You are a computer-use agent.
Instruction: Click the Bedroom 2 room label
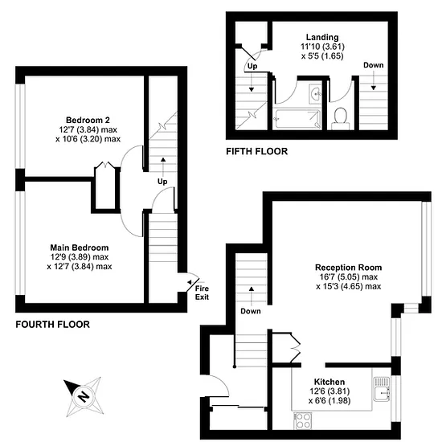click(88, 120)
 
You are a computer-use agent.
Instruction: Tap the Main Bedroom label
click(80, 248)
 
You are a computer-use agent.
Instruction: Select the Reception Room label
click(349, 268)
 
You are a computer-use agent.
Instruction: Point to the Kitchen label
click(329, 382)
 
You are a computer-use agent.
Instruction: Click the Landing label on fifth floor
click(322, 37)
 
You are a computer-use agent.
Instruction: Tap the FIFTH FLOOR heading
click(257, 151)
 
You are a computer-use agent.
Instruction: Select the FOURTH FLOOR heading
click(53, 325)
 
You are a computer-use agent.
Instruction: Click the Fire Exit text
click(202, 293)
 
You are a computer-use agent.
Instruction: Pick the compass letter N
click(83, 397)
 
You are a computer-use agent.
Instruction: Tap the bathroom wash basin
click(316, 93)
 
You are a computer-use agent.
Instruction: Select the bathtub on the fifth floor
click(297, 119)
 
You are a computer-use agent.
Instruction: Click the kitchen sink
click(382, 389)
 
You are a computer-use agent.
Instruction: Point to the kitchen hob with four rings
click(303, 420)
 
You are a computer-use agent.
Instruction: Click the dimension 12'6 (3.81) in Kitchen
click(329, 391)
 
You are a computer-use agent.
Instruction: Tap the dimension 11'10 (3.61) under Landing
click(322, 47)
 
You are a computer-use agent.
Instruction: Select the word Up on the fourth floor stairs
click(162, 182)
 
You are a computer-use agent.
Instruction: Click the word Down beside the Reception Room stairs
click(251, 311)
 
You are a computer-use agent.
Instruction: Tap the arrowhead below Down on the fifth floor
click(374, 88)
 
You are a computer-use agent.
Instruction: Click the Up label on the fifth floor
click(252, 66)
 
